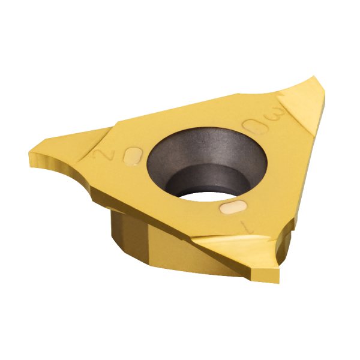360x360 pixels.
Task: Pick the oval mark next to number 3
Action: tap(256, 127)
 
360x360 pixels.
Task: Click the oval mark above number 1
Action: tap(233, 207)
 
